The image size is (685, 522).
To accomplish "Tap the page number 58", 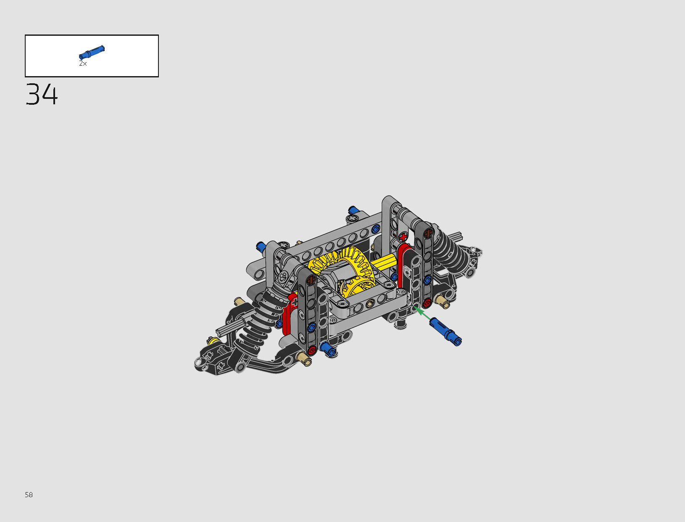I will (x=29, y=495).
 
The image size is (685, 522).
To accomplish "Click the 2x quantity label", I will (x=83, y=64).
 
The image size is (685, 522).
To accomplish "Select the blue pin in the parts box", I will (x=92, y=52).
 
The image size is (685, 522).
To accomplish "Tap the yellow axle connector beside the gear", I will (x=384, y=262).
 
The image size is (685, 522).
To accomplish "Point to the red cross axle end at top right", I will (x=403, y=237).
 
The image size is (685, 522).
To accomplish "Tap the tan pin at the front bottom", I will (x=304, y=359).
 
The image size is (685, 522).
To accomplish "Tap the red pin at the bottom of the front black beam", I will (x=311, y=350).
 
